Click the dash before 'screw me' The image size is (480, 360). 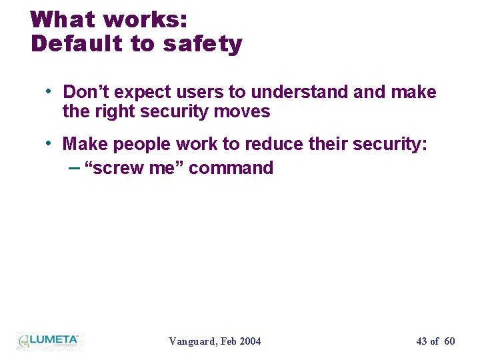tap(74, 167)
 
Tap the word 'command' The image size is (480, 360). tap(231, 167)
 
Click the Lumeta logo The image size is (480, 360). tap(48, 340)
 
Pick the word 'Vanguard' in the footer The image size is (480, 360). tap(191, 341)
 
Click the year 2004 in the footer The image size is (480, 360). tap(249, 341)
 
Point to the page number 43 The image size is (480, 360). tap(421, 341)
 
